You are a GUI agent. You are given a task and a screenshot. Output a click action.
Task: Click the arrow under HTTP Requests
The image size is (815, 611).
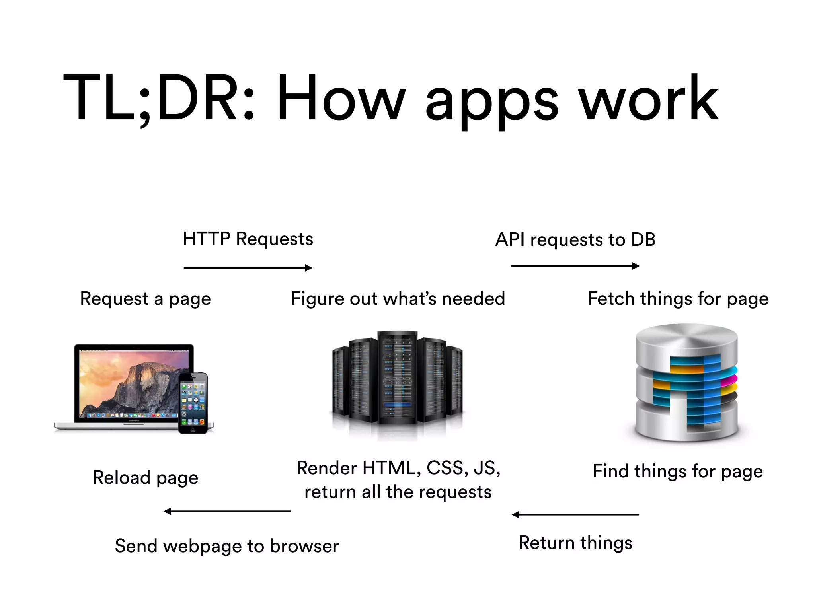248,268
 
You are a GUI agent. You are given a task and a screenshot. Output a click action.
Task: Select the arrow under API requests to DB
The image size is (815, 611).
575,266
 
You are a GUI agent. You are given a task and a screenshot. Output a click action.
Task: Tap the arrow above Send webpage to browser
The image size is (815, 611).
227,511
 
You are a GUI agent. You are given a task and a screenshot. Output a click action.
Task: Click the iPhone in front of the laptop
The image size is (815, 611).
193,403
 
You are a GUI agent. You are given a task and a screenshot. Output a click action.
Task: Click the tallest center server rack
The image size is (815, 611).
397,378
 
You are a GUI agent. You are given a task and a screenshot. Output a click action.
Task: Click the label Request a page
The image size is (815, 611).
145,299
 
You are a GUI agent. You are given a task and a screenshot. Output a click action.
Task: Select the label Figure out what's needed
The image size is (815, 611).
398,299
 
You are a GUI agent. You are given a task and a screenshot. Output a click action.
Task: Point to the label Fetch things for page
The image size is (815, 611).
678,299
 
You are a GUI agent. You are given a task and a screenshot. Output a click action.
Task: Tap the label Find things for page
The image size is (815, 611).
677,471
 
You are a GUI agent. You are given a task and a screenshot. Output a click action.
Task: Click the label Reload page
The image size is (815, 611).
145,477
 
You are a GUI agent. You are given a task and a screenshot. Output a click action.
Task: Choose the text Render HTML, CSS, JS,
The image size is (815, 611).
398,468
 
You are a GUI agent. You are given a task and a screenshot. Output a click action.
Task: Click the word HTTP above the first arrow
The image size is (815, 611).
207,239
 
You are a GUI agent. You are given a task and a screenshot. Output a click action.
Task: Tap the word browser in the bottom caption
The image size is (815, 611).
304,546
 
